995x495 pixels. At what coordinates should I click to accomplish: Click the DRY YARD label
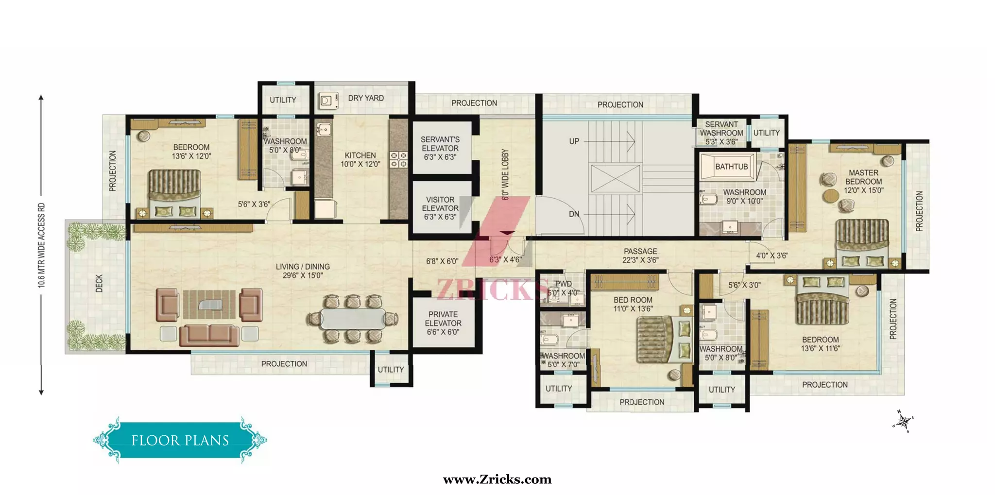365,98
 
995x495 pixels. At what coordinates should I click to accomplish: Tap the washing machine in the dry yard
326,101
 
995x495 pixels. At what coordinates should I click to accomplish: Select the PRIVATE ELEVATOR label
443,323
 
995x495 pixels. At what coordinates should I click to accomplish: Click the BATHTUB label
731,167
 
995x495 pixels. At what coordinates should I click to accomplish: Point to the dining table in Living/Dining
353,319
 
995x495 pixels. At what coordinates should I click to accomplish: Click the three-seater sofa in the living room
209,335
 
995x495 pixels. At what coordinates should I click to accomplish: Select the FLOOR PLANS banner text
180,440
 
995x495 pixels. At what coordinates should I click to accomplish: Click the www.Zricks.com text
497,479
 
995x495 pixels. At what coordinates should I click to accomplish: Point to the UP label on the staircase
574,141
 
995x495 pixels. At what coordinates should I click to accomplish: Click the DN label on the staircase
574,214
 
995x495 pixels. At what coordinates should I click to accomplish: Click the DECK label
99,283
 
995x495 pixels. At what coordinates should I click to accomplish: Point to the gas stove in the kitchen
399,159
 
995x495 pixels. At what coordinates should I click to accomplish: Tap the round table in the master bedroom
831,196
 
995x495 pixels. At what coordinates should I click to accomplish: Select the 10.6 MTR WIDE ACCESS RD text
41,245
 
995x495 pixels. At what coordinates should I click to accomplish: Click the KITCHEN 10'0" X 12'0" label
360,159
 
